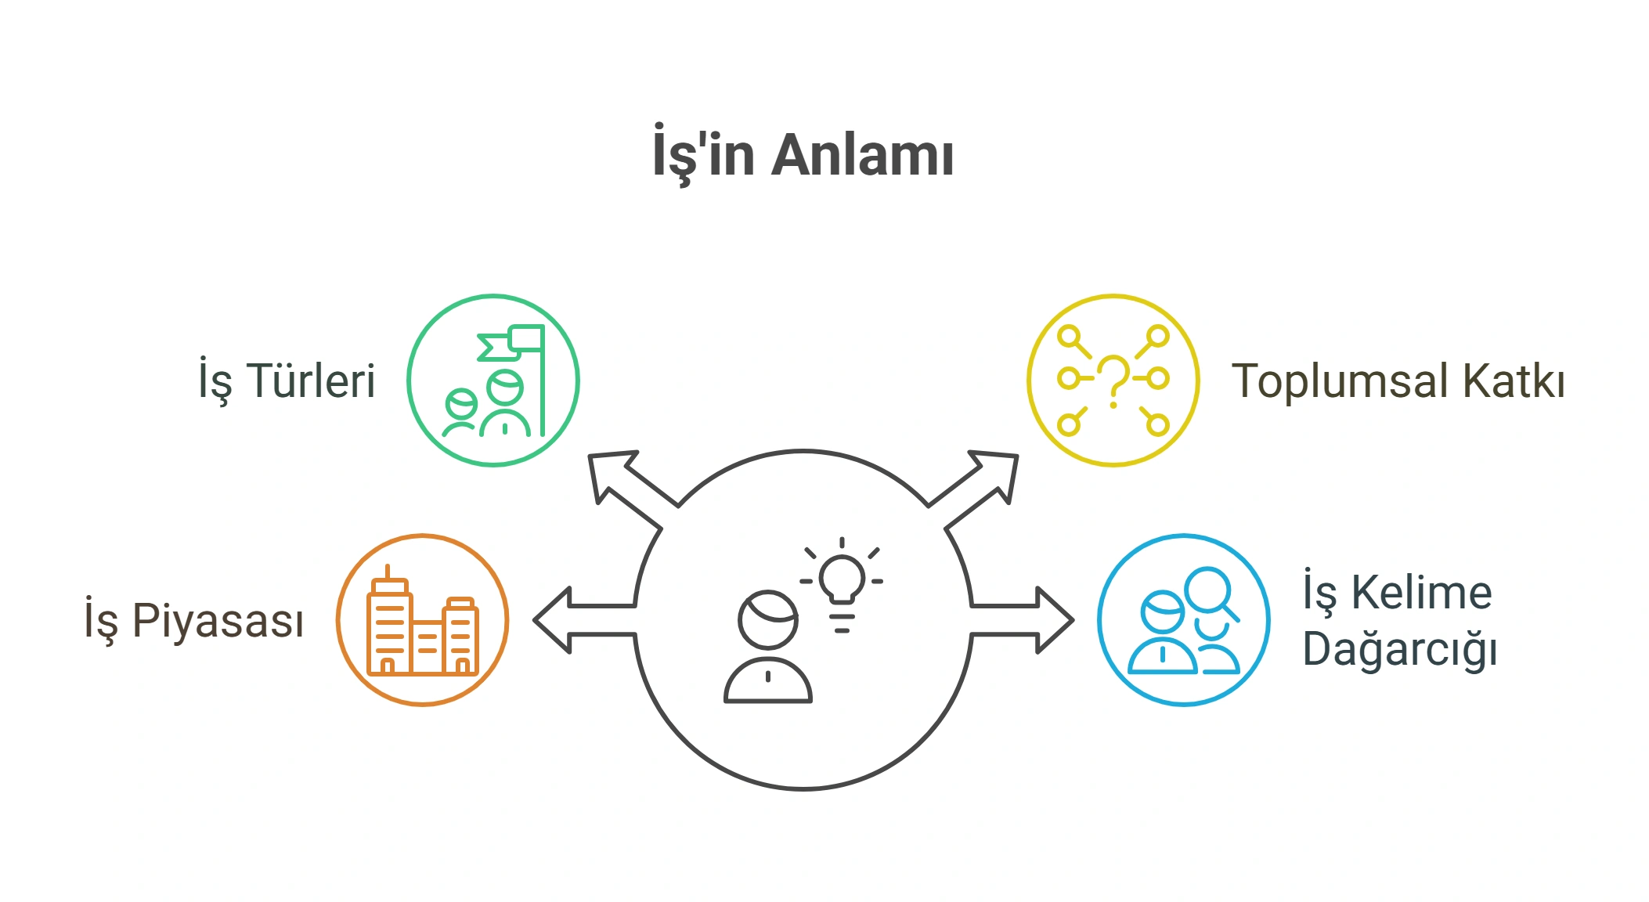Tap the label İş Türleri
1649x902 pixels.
287,381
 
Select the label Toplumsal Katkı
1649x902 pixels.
1398,381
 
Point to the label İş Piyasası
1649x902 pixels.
194,621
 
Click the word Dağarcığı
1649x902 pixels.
1400,650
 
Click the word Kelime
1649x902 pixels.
1422,593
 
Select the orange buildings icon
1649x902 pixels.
423,621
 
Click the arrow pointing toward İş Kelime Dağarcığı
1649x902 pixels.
1022,620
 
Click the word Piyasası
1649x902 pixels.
218,621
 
